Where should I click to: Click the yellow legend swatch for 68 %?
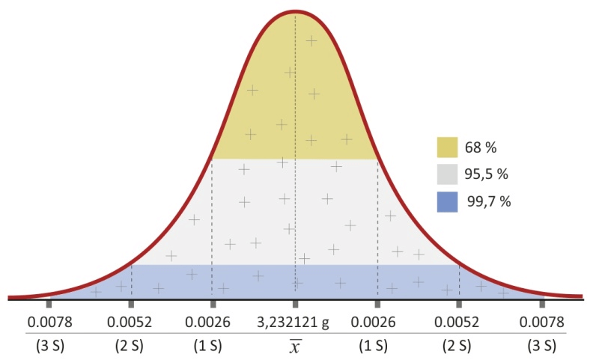[x=447, y=147]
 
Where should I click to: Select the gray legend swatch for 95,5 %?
[x=447, y=174]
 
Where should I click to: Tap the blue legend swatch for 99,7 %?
[x=447, y=201]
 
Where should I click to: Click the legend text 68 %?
[x=481, y=147]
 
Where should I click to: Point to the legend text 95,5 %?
[x=487, y=174]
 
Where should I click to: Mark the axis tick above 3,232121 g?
[x=295, y=304]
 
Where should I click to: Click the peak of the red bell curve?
[x=295, y=13]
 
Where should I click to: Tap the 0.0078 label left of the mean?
[x=49, y=323]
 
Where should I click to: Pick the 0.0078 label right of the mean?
[x=541, y=323]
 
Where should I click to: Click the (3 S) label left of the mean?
[x=49, y=346]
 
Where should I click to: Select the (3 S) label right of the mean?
[x=541, y=346]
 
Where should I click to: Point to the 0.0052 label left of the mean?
[x=131, y=323]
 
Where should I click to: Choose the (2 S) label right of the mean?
[x=459, y=346]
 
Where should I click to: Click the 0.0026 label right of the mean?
[x=377, y=323]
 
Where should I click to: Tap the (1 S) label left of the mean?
[x=213, y=346]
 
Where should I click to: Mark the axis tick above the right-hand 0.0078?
[x=541, y=304]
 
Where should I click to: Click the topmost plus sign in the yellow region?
[x=311, y=40]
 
